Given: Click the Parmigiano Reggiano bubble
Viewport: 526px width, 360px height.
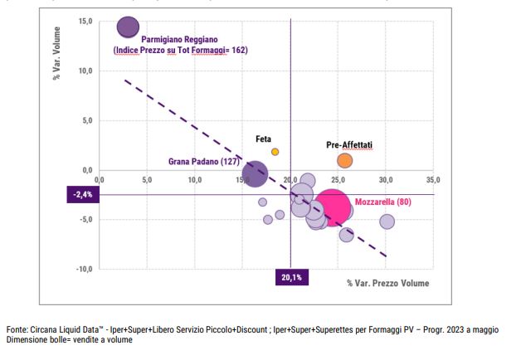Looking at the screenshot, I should (x=128, y=27).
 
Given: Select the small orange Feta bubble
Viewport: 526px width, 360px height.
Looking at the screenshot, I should (x=275, y=152).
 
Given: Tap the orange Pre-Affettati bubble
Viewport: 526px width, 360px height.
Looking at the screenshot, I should (x=345, y=160).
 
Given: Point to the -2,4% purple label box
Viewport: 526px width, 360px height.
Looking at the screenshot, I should (x=82, y=195).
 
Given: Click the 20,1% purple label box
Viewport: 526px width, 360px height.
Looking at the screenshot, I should (x=290, y=277).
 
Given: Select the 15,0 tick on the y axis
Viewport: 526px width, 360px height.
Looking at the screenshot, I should (x=85, y=21).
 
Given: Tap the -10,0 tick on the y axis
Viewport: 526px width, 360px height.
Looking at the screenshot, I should (x=84, y=269).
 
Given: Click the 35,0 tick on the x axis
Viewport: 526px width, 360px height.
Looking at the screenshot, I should (x=433, y=179).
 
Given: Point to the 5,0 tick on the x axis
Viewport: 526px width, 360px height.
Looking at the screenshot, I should (x=147, y=179).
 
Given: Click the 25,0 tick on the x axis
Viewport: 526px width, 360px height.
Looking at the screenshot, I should (x=338, y=179).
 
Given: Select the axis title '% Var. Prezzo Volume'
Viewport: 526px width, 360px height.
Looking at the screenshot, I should (x=388, y=284).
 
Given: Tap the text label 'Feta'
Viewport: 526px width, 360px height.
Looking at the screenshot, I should (x=263, y=140).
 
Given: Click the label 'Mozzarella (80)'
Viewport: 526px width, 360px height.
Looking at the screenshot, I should (x=383, y=202).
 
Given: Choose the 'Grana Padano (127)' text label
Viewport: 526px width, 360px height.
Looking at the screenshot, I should (x=204, y=163).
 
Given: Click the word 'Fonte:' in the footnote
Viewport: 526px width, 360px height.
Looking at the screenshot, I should (x=17, y=329).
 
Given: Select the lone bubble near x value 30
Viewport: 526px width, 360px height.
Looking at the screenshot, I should (x=387, y=221).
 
